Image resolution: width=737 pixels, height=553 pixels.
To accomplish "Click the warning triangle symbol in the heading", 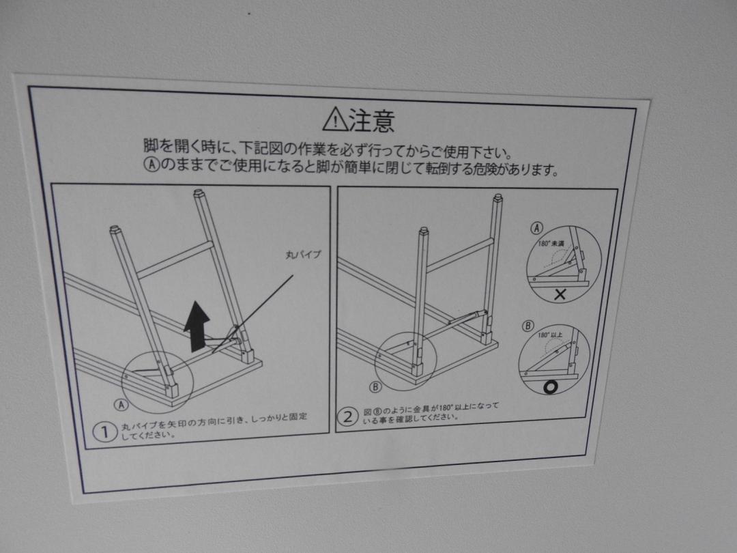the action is tap(335, 119).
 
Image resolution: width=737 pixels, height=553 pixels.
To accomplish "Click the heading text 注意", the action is tap(371, 121).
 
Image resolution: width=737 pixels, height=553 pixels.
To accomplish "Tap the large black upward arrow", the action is tap(197, 326).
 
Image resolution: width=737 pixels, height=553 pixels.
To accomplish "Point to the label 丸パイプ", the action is tap(303, 255).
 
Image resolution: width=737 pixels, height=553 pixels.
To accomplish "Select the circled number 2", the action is tap(347, 416).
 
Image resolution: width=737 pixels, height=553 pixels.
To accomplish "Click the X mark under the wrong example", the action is tap(560, 295).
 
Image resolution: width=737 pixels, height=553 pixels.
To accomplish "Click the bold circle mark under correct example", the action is tap(551, 387).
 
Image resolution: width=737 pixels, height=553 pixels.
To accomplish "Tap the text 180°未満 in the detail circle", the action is tap(551, 244).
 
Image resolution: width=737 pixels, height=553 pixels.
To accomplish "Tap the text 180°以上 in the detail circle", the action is tap(550, 335).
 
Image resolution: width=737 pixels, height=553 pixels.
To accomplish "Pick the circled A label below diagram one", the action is tap(121, 404).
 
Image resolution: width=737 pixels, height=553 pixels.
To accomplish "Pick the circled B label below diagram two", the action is tap(375, 387).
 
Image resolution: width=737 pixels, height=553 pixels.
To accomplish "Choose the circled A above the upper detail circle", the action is tap(536, 228).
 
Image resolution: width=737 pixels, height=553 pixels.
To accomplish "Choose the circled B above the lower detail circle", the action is tap(528, 326).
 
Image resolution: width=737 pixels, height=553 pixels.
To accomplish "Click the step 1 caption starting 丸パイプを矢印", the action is tap(214, 425).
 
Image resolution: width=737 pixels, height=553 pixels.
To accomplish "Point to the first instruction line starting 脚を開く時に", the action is tap(328, 148).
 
